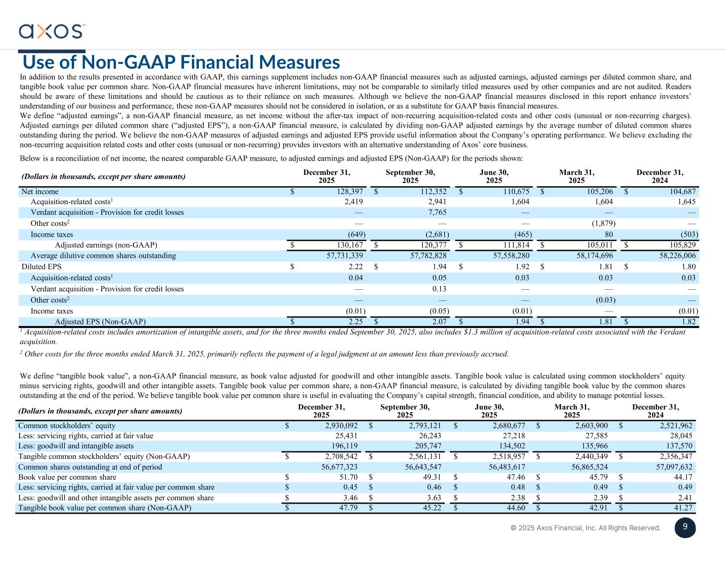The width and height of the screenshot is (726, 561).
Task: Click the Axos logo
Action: [52, 31]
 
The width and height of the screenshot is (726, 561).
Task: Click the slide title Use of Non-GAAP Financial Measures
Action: [181, 62]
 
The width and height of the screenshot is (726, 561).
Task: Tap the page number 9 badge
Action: [685, 527]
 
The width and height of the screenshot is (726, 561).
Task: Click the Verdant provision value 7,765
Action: [436, 212]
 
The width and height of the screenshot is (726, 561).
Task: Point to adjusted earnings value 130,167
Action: [348, 245]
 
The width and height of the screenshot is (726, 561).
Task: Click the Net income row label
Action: [40, 191]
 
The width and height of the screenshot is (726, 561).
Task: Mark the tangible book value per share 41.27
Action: [683, 508]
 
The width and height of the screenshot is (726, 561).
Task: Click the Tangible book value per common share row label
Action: [105, 508]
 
